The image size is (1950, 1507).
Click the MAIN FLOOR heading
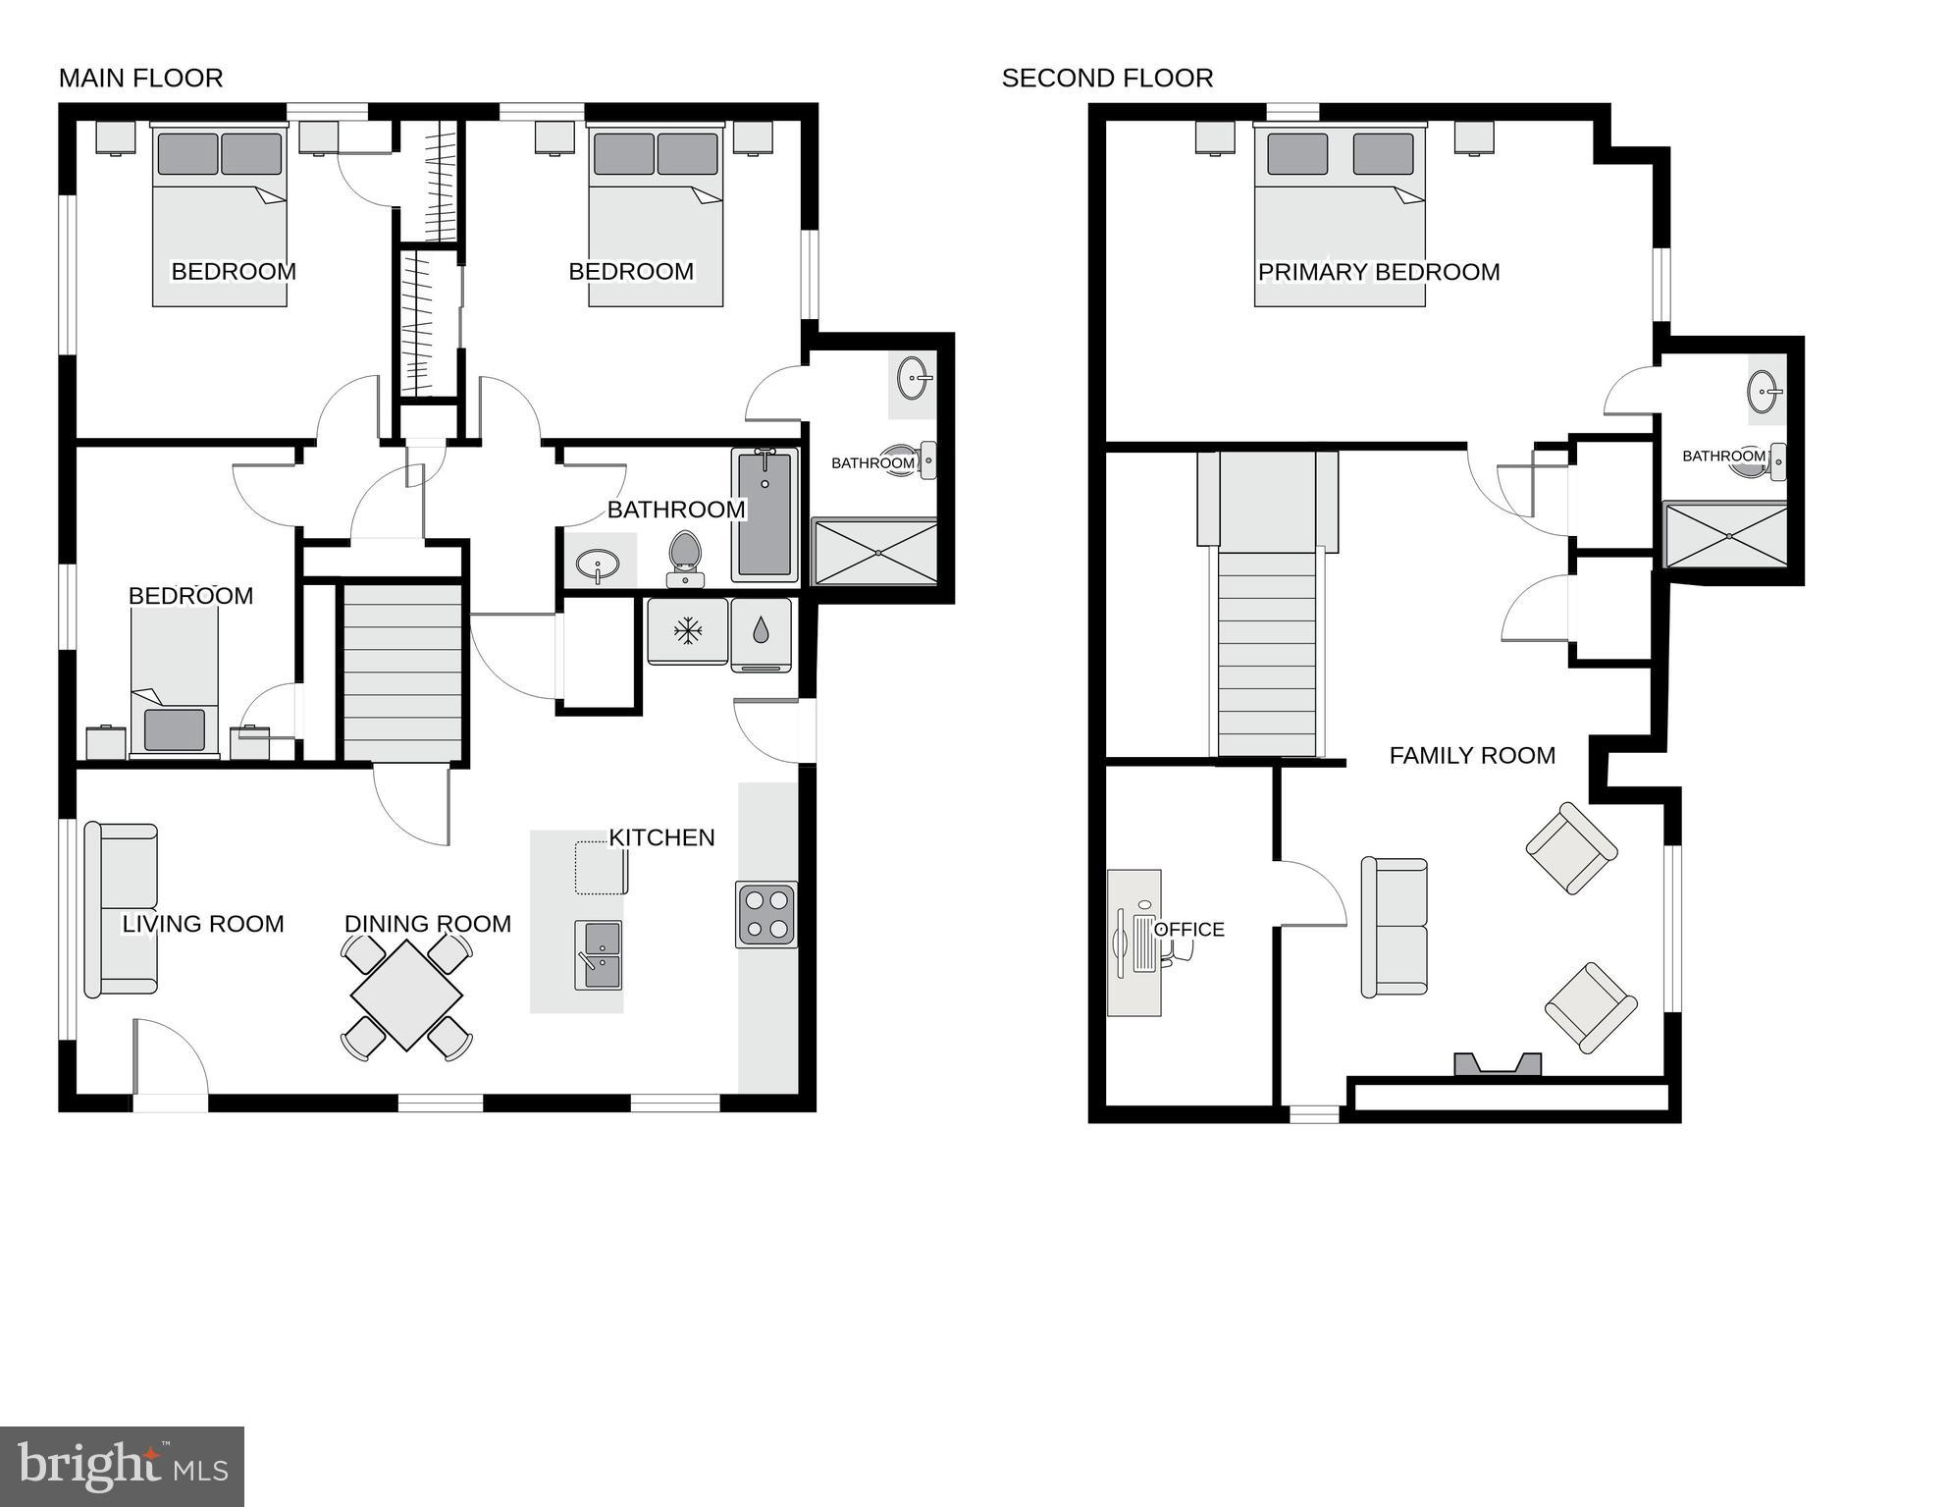(x=140, y=79)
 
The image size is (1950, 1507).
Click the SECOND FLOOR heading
(x=1107, y=79)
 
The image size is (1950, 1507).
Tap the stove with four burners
(x=766, y=914)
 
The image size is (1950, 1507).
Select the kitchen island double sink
(x=598, y=955)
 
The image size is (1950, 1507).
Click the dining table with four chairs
(x=406, y=996)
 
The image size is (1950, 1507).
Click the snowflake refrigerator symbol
(x=687, y=631)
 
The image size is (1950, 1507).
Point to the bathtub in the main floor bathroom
(x=764, y=513)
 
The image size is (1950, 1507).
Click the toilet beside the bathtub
(x=684, y=559)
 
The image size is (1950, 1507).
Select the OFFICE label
(x=1188, y=930)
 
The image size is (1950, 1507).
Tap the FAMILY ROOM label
(x=1472, y=756)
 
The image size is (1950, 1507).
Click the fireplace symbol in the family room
(x=1497, y=1064)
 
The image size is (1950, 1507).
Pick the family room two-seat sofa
(x=1394, y=927)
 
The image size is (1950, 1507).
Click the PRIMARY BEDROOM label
(x=1379, y=272)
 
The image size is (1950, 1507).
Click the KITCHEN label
(x=661, y=837)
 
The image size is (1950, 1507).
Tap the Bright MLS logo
(x=122, y=1467)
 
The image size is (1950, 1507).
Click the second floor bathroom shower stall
(x=1726, y=535)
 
